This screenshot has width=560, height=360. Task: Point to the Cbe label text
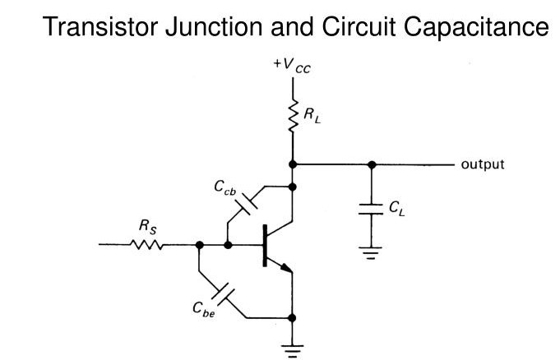point(204,309)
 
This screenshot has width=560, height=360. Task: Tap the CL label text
point(396,209)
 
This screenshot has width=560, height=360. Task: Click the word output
point(483,164)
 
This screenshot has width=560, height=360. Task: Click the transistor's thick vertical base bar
point(266,245)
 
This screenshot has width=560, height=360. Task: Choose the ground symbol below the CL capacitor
point(372,252)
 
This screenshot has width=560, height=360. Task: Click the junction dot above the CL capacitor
point(372,164)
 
